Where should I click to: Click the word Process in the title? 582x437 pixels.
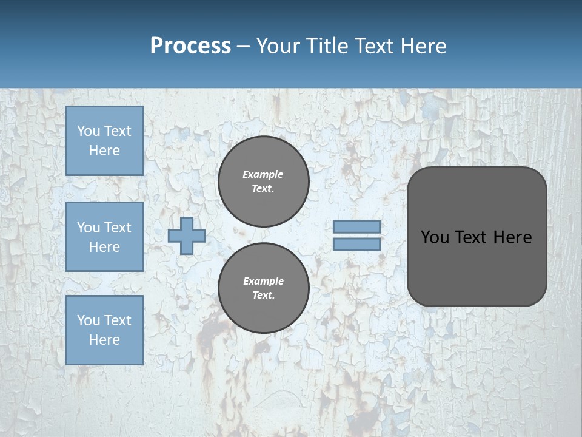click(190, 46)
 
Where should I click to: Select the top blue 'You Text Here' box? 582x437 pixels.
click(104, 141)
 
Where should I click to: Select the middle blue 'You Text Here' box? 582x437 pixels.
click(104, 237)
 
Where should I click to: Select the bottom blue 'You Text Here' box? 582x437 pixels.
click(104, 330)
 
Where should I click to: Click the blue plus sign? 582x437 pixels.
click(187, 235)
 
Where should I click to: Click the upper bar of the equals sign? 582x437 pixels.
click(356, 227)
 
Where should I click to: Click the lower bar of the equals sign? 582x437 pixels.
click(356, 245)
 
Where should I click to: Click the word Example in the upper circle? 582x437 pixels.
click(263, 174)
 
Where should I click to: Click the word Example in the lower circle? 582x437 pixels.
click(263, 281)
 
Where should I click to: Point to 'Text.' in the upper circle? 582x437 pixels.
click(263, 188)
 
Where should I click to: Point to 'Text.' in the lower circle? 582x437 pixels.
click(263, 295)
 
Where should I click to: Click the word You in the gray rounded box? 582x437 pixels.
click(434, 237)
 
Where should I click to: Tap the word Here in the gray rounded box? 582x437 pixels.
click(512, 237)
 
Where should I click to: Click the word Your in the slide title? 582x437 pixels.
click(276, 46)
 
